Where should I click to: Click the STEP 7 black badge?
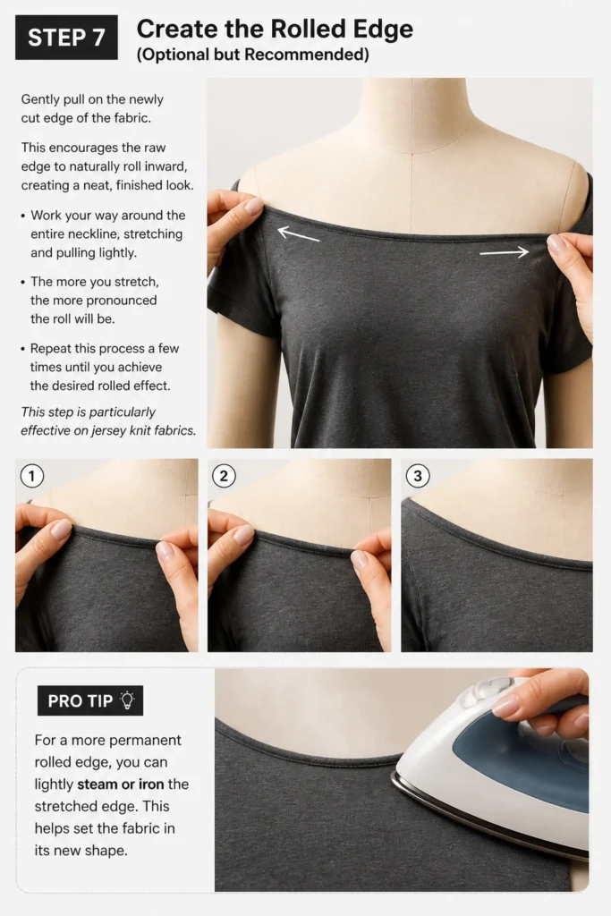point(66,38)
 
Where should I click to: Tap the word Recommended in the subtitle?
point(307,55)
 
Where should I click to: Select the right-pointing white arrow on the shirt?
point(505,252)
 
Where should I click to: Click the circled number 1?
point(32,476)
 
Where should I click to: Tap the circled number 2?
point(224,476)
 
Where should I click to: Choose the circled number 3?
point(418,476)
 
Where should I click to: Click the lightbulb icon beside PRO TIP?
point(127,700)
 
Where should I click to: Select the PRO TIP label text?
point(80,701)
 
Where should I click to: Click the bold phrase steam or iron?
point(121,784)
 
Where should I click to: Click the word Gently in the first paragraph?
point(40,99)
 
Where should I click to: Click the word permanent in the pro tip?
point(145,740)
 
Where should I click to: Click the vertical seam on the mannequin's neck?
point(413,117)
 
